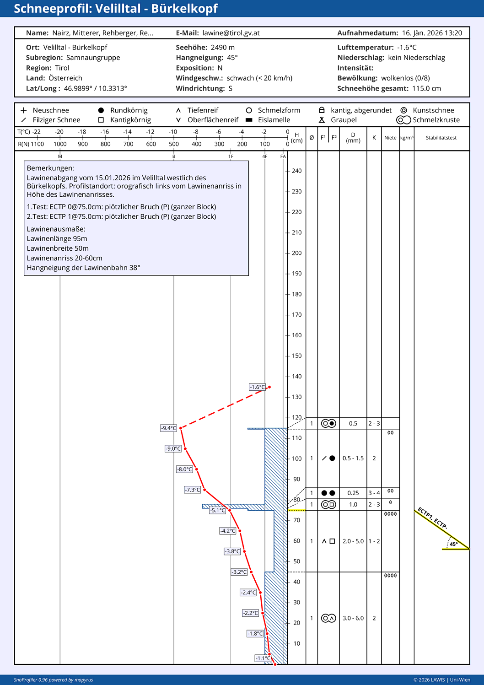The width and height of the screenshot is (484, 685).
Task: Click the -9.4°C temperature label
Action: (168, 428)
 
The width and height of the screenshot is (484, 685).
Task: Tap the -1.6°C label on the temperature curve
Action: (257, 387)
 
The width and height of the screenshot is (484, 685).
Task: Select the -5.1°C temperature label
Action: (218, 510)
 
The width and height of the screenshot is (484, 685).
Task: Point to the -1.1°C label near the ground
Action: (263, 658)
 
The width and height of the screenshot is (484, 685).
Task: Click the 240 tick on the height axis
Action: (296, 171)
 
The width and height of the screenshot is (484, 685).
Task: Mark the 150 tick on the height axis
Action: (296, 356)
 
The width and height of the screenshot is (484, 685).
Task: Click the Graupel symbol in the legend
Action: (322, 120)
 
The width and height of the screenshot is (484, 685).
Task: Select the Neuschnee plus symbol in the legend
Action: (24, 110)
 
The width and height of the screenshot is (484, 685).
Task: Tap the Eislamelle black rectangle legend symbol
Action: (249, 120)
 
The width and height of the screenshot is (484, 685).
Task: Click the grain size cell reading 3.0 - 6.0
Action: (353, 618)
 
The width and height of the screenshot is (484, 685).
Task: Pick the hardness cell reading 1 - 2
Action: (374, 541)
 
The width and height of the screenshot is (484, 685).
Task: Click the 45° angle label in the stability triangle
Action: (453, 544)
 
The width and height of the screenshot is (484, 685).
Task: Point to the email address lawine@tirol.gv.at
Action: (231, 33)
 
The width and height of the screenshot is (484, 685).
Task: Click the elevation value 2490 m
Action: (223, 48)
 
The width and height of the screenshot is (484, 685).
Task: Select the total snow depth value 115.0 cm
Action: (426, 89)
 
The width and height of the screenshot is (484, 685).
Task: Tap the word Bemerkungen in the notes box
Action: (50, 168)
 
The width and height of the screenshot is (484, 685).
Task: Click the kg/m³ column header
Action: (407, 138)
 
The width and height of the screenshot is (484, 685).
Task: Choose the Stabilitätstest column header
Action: (441, 138)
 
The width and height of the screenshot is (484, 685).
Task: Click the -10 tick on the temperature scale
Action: (173, 132)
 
